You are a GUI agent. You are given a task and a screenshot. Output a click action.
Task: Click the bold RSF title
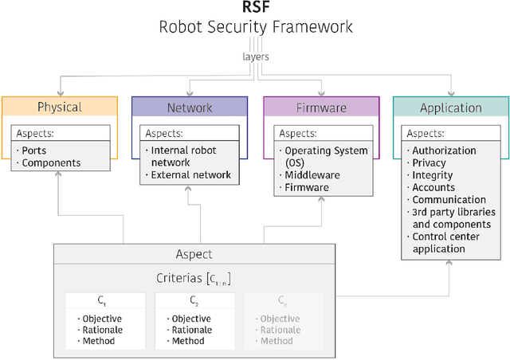click(255, 9)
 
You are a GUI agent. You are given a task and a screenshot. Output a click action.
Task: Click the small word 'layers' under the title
click(255, 57)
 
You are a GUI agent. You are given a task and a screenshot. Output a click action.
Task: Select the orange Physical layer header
click(59, 107)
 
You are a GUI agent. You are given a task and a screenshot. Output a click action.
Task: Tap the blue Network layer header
click(189, 107)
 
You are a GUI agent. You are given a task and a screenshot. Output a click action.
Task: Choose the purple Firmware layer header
click(321, 107)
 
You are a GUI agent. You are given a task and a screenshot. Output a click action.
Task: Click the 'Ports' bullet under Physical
click(33, 151)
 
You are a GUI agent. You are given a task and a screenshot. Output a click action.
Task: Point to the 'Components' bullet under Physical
click(50, 163)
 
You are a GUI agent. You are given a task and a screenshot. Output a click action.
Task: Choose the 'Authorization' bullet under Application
click(443, 151)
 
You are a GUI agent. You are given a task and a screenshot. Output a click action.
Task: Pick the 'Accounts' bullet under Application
click(433, 188)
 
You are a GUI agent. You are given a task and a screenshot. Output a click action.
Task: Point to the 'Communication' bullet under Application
click(448, 200)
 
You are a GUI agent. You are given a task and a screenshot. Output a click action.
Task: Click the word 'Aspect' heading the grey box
click(194, 254)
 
